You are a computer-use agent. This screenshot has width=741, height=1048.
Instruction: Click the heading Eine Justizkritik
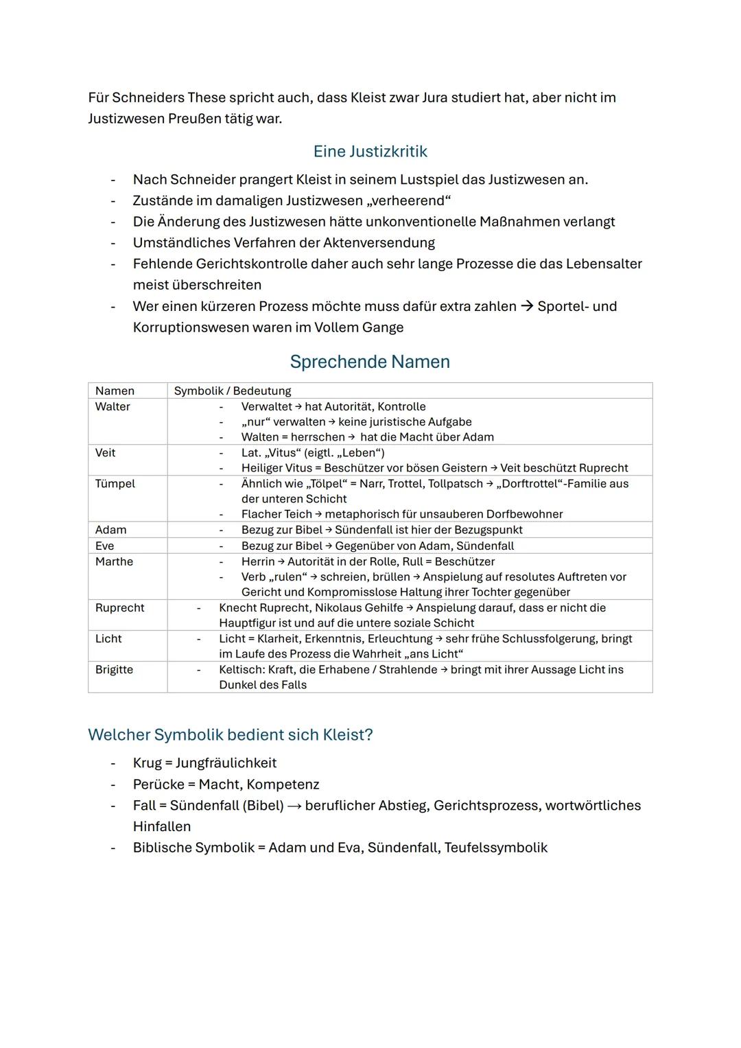370,152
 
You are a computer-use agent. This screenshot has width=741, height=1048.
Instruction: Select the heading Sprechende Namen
370,362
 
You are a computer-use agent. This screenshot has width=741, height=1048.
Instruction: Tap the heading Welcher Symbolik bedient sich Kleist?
230,735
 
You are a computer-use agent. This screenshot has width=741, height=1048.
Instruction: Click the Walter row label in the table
113,407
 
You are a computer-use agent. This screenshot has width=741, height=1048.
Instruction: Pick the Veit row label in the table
105,453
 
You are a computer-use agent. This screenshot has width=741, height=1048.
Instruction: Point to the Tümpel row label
115,484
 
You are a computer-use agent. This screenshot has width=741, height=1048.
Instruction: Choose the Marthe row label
114,561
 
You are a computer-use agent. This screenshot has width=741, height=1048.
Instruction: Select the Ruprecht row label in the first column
119,608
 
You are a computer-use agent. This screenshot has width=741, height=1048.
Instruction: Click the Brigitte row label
114,670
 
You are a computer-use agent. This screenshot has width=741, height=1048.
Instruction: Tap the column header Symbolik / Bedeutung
233,391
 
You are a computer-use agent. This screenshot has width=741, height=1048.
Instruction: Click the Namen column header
115,391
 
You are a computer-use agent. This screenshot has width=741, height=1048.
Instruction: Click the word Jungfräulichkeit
226,763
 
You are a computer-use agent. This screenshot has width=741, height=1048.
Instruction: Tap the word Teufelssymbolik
495,848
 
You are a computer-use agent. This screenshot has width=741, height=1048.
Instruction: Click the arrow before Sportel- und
526,307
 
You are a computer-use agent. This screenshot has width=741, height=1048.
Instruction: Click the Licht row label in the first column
108,639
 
